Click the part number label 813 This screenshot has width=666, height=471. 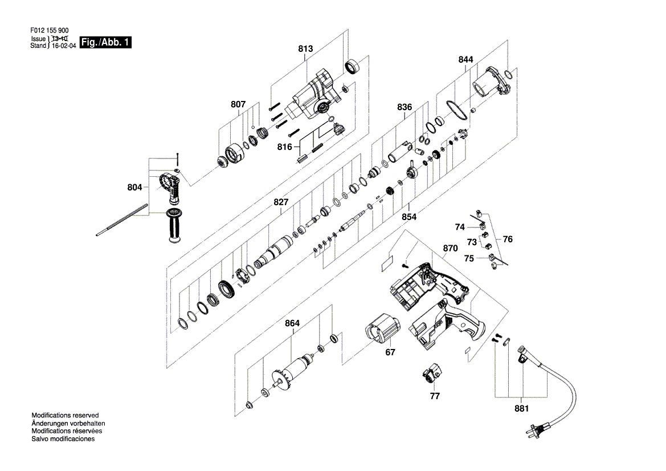(x=305, y=49)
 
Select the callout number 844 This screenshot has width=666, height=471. (x=465, y=60)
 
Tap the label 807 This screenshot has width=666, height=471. (x=238, y=104)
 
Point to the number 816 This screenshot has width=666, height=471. (x=285, y=147)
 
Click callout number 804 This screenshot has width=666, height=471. (x=134, y=188)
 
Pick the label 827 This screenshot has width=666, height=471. (x=281, y=202)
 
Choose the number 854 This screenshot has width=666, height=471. (x=409, y=217)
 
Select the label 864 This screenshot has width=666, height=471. (x=292, y=323)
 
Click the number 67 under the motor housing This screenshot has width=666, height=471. (x=390, y=352)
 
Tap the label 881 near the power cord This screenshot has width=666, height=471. (x=522, y=408)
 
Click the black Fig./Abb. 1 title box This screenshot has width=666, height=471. (x=106, y=43)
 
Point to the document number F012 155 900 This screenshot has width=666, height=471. (x=49, y=31)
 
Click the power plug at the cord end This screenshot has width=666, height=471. (x=536, y=430)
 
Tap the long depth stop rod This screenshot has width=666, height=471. (x=122, y=220)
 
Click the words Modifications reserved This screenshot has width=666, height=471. (x=65, y=416)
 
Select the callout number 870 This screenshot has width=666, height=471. (x=450, y=249)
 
